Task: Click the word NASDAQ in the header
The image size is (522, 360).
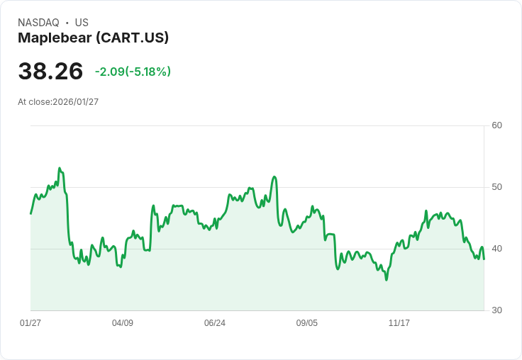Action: coord(38,23)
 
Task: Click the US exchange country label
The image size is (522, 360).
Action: coord(82,23)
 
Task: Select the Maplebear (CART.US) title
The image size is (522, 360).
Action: coord(93,38)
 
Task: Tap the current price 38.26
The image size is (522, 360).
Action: coord(50,72)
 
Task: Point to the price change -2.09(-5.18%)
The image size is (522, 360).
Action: coord(133,72)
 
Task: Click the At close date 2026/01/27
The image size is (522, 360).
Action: coord(75,102)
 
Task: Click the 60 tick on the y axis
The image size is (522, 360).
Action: coord(496,125)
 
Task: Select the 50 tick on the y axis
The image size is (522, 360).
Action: coord(496,187)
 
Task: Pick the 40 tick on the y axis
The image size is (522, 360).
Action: coord(496,249)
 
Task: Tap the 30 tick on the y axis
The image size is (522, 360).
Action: coord(496,310)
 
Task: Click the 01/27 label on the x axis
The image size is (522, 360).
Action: coord(30,323)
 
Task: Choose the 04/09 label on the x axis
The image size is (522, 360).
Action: coord(123,323)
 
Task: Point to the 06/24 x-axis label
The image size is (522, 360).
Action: coord(215,323)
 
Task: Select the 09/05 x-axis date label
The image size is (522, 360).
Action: coord(307,323)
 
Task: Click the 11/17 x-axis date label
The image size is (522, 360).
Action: coord(399,323)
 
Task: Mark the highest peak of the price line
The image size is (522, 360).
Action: coord(60,169)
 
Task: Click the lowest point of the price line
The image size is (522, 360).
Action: coord(387,280)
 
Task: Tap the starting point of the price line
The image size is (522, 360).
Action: coord(30,213)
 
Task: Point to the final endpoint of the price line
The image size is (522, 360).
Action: coord(484,259)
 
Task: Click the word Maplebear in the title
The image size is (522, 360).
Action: coord(54,38)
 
